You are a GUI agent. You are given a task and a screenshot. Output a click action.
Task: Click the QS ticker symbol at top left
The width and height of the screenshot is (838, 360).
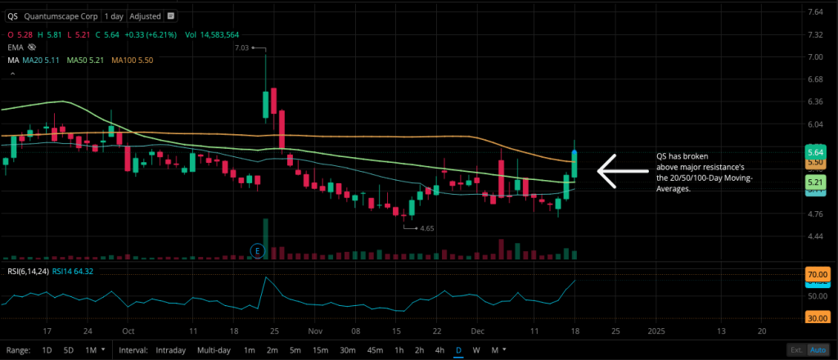click(12, 16)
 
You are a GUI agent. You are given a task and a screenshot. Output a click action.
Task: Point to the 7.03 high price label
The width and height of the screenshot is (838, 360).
click(241, 48)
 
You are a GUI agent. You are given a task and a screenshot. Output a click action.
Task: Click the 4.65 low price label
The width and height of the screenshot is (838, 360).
click(426, 227)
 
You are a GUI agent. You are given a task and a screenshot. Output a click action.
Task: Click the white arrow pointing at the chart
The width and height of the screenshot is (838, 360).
click(622, 171)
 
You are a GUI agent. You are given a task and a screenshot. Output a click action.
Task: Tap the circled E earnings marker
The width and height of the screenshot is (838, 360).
click(258, 249)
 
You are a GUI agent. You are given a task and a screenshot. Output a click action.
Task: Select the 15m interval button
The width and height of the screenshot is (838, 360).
click(322, 350)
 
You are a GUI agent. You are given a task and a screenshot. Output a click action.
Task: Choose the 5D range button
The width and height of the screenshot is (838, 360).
click(70, 350)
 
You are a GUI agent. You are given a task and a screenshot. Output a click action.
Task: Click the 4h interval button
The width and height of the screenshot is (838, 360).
click(440, 350)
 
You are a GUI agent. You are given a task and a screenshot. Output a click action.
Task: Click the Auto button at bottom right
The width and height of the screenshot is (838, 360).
click(817, 350)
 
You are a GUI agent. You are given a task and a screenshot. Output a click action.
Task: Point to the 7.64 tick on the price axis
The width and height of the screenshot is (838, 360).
click(815, 12)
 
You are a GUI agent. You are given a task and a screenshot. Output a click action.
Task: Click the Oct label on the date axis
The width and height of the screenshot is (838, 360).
click(128, 331)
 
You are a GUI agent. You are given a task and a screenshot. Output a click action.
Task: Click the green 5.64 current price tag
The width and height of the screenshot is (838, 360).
click(814, 152)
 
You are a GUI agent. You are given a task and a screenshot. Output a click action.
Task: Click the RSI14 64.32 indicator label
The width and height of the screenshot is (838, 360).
click(73, 271)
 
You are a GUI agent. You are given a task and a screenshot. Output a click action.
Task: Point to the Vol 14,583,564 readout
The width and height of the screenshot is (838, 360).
click(212, 35)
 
